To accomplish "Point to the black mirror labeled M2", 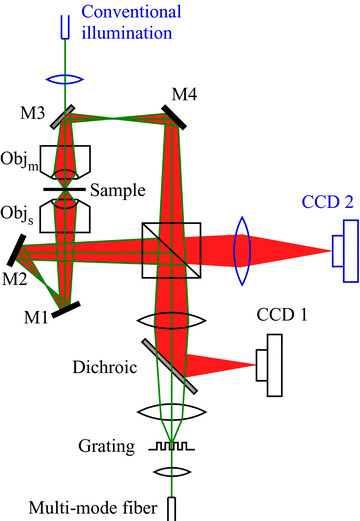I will (x=21, y=246).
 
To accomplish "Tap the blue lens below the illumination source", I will (x=66, y=74).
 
